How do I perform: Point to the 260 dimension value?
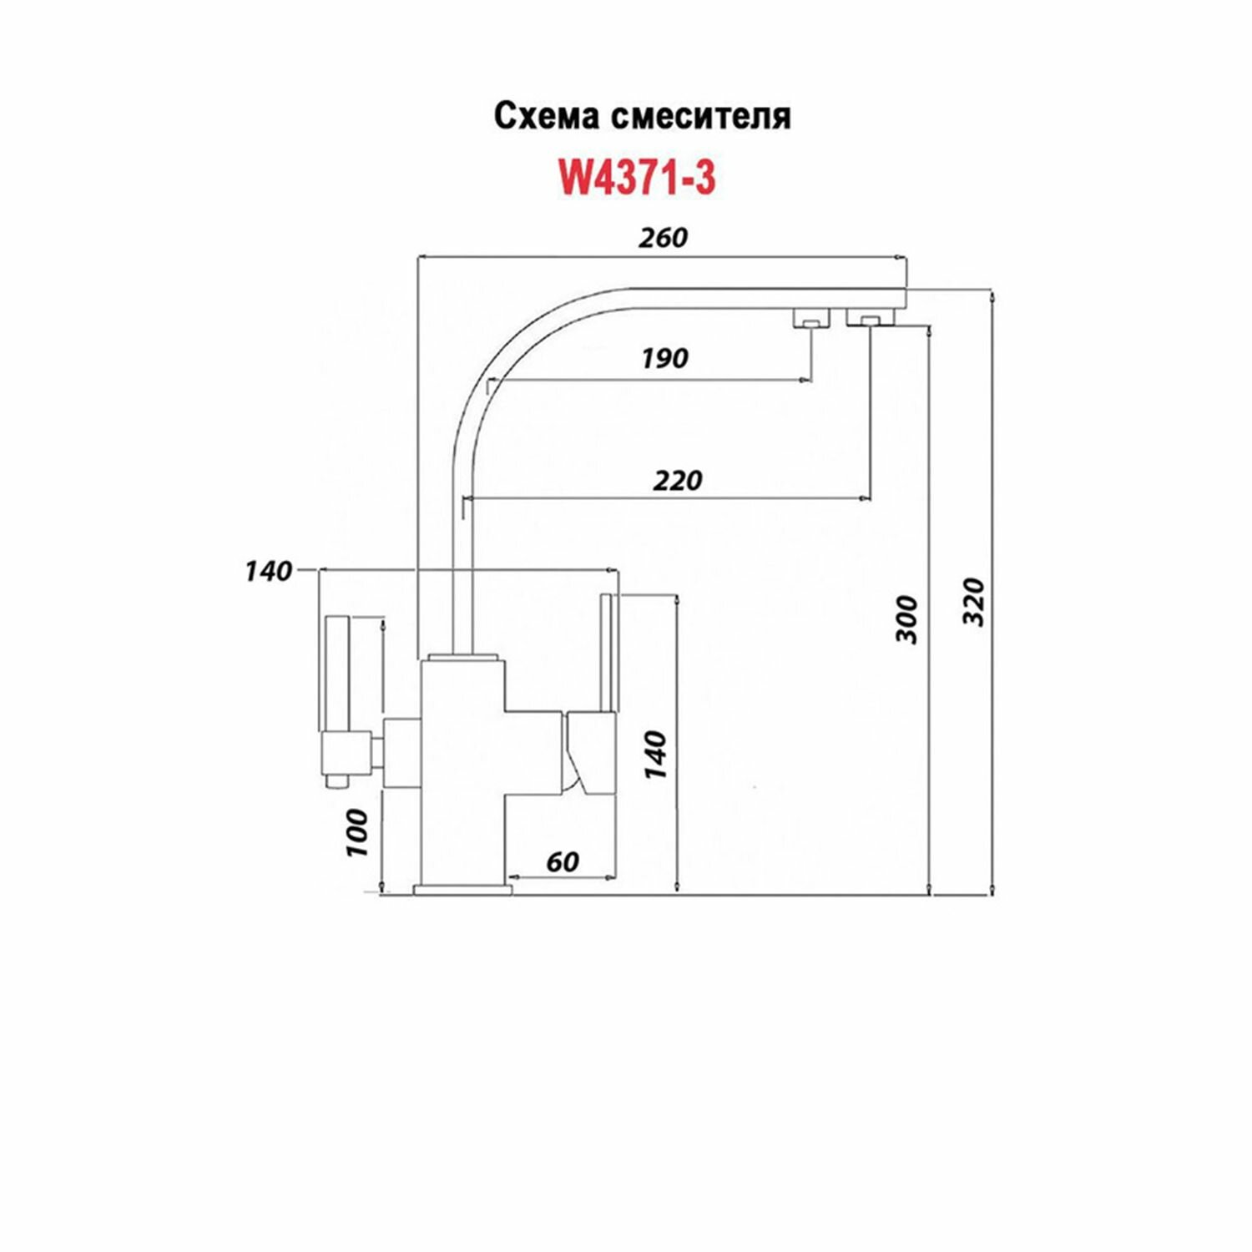[663, 238]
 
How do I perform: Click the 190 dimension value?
[665, 358]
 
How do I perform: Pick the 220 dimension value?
[678, 480]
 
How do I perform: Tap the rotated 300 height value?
[906, 619]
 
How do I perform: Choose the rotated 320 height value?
[973, 601]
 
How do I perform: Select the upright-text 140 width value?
[269, 572]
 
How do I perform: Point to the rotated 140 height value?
[656, 755]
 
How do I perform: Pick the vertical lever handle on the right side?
[608, 651]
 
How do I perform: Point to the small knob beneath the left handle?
[336, 781]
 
